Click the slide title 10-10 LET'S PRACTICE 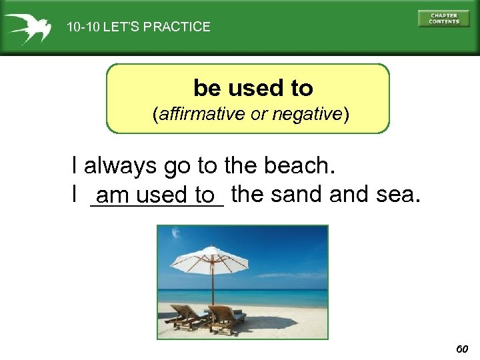(x=138, y=27)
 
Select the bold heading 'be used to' (x=253, y=87)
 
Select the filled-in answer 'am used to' (x=157, y=196)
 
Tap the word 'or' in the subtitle (x=257, y=114)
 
